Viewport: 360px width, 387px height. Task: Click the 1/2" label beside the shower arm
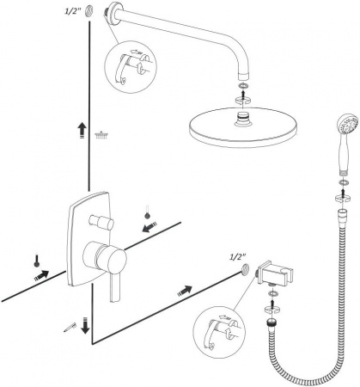73,12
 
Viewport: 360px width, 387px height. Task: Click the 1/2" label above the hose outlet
238,257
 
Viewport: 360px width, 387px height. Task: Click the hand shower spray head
348,126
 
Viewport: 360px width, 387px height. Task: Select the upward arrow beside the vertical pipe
82,131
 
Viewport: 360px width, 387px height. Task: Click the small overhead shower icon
102,135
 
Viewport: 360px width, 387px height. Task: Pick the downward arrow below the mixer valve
85,325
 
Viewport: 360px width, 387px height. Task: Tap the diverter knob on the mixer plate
101,222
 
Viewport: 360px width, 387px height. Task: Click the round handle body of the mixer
105,256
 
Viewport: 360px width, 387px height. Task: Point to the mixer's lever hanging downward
115,287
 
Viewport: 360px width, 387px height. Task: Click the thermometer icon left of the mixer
36,261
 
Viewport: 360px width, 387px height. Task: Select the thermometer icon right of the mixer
147,212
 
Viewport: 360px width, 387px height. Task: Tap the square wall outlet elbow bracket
274,273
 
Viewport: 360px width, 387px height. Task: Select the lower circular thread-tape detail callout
219,332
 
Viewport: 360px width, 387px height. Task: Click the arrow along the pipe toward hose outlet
185,291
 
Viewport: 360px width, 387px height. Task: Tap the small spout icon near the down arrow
70,327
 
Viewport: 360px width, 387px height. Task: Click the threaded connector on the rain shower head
243,119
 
